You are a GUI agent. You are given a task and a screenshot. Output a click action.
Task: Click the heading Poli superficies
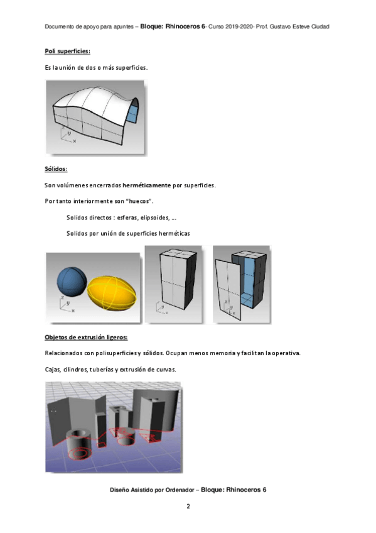tap(68, 52)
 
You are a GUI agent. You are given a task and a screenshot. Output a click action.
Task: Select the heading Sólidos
tap(56, 169)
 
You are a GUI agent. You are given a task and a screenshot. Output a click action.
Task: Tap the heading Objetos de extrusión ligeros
tap(86, 337)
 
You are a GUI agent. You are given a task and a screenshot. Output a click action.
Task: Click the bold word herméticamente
tap(147, 185)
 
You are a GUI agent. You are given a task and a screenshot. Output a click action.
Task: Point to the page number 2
tap(188, 506)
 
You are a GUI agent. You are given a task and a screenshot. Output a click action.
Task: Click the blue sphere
tap(72, 281)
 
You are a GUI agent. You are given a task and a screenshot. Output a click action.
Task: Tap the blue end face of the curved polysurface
tap(132, 113)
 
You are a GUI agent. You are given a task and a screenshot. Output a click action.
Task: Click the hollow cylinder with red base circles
tap(80, 443)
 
